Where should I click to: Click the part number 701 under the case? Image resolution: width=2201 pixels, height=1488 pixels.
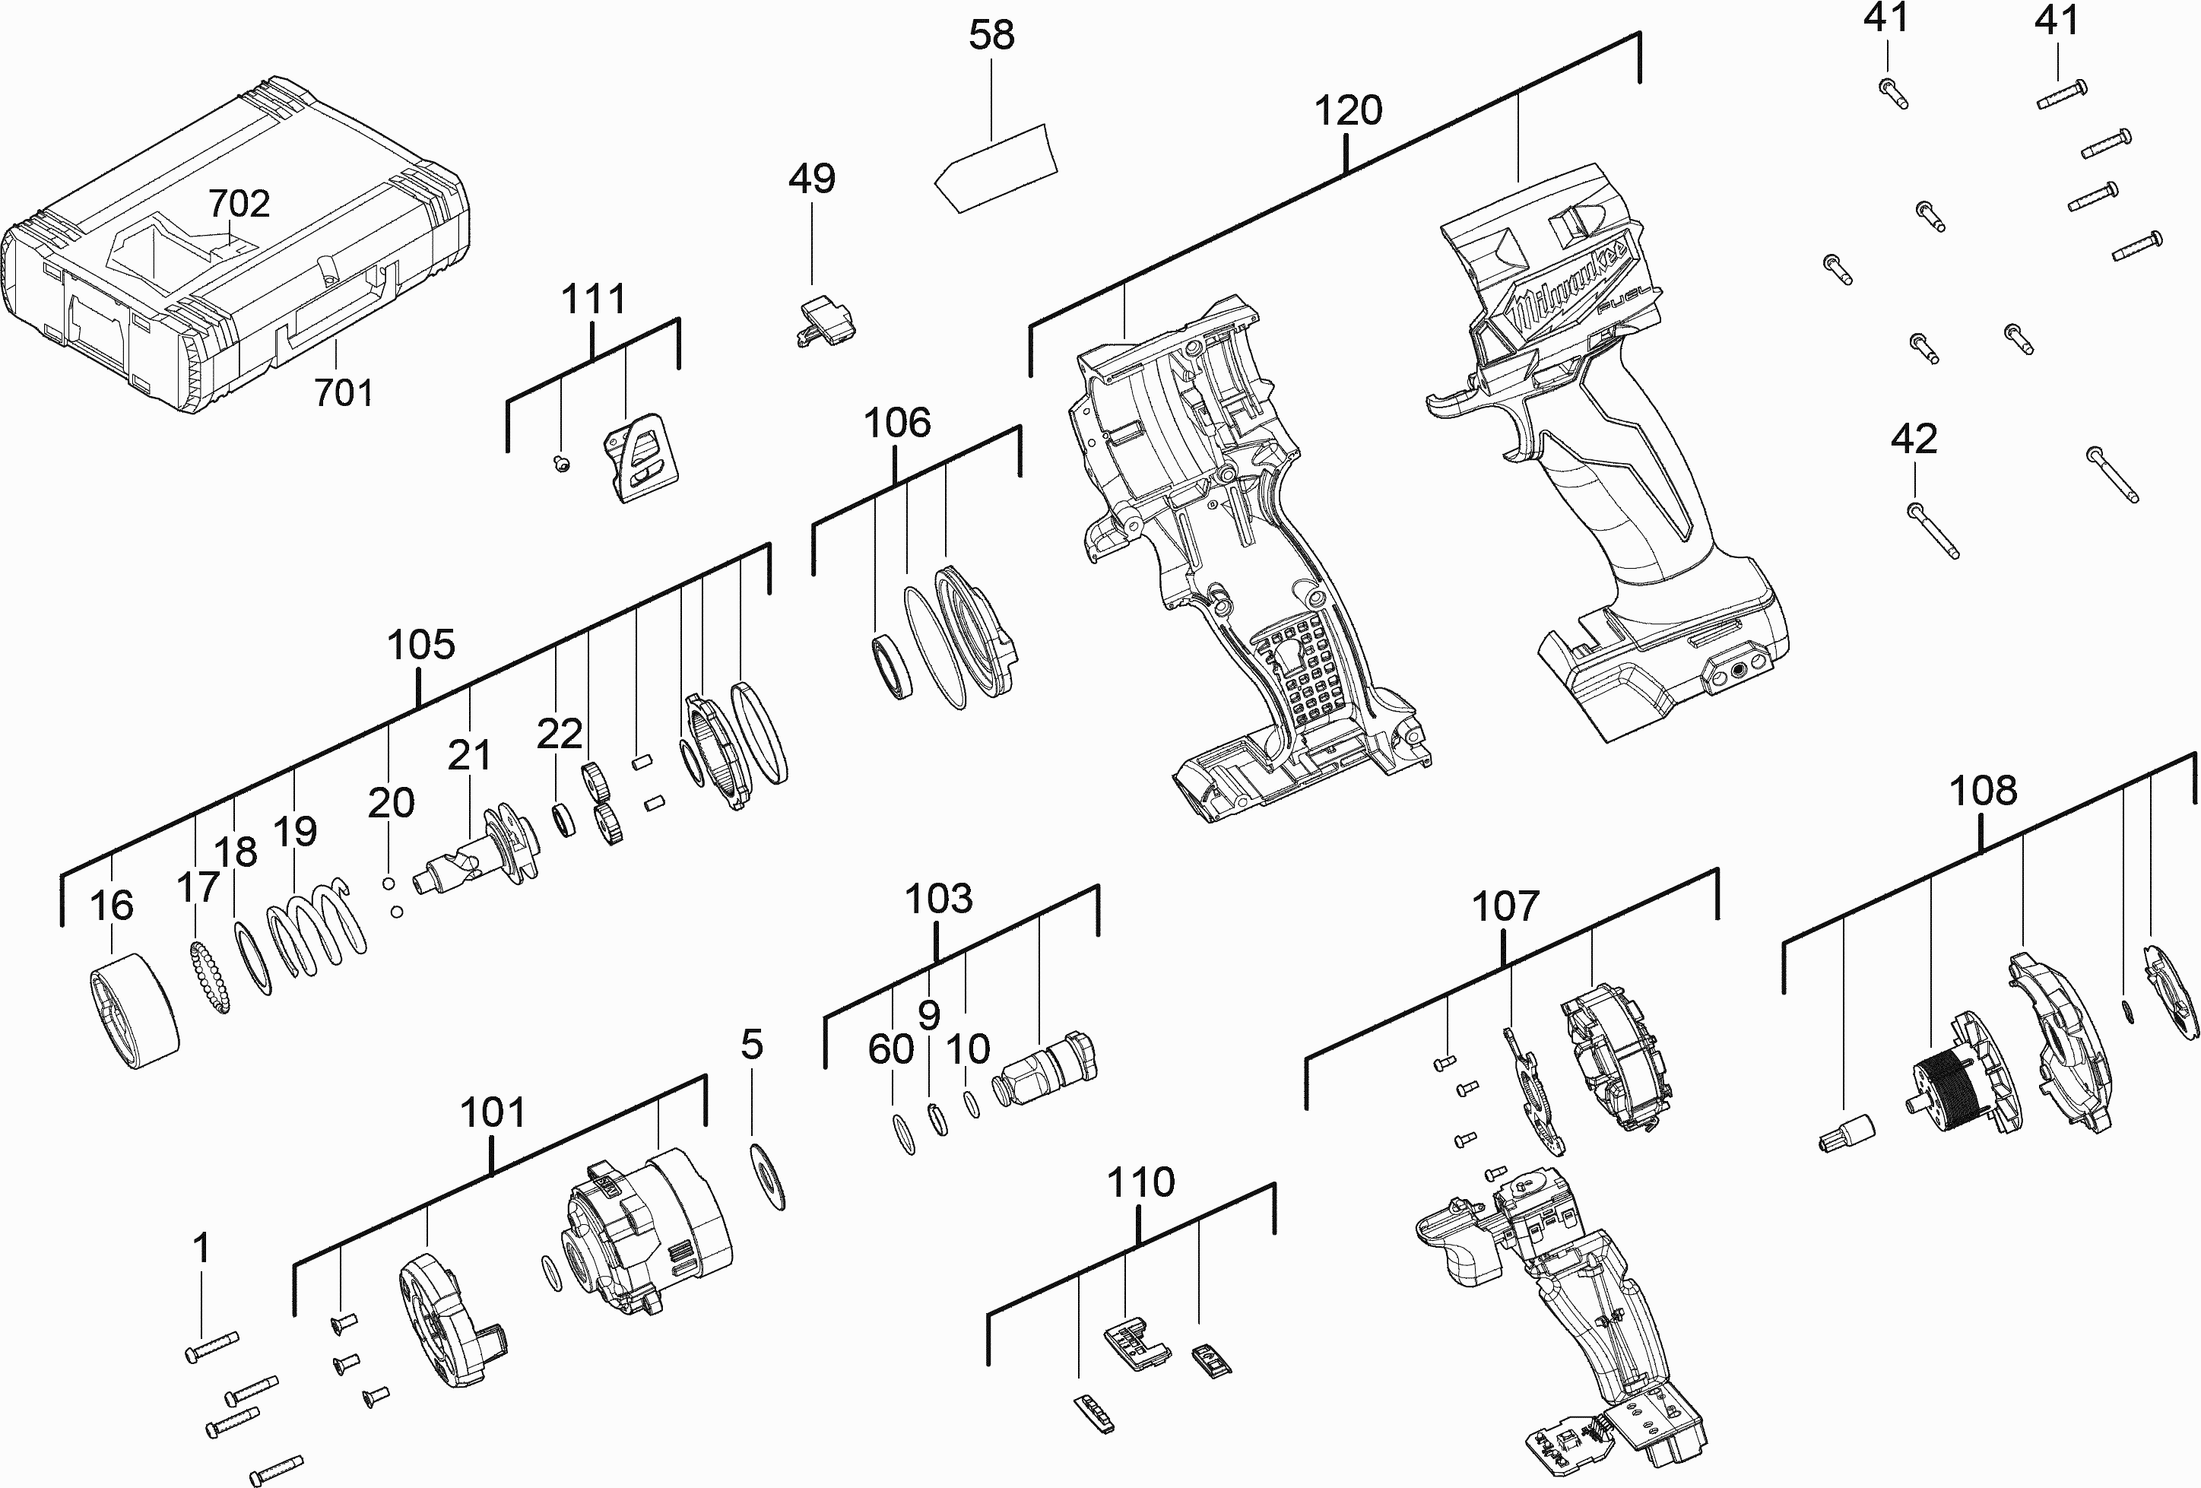[343, 392]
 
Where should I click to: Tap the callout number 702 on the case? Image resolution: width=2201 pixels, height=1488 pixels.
[239, 203]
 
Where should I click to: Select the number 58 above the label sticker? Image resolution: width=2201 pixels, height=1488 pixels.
[991, 35]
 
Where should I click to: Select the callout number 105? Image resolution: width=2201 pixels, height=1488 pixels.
[420, 645]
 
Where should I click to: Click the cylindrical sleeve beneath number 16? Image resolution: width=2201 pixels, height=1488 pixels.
[135, 1011]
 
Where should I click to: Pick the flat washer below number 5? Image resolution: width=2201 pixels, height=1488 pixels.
[766, 1175]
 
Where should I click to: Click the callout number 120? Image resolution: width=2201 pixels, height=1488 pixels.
[1348, 111]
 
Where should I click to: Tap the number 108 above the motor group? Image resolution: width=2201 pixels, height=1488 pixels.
[1983, 791]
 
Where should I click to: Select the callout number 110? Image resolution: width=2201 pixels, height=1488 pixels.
[1141, 1182]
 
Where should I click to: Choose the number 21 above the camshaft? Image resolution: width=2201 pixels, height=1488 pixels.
[470, 755]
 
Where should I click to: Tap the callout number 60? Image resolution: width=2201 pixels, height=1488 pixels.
[891, 1049]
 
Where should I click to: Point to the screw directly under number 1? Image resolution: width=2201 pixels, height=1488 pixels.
[212, 1346]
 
